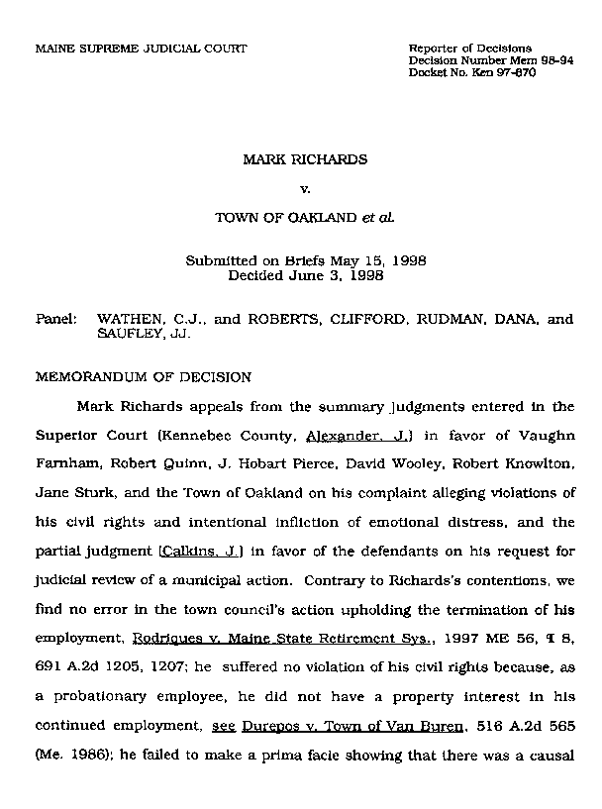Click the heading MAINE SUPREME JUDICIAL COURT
click(x=141, y=49)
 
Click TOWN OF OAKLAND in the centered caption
click(x=278, y=215)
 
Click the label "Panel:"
click(x=57, y=321)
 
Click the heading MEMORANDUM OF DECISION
click(x=144, y=377)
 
